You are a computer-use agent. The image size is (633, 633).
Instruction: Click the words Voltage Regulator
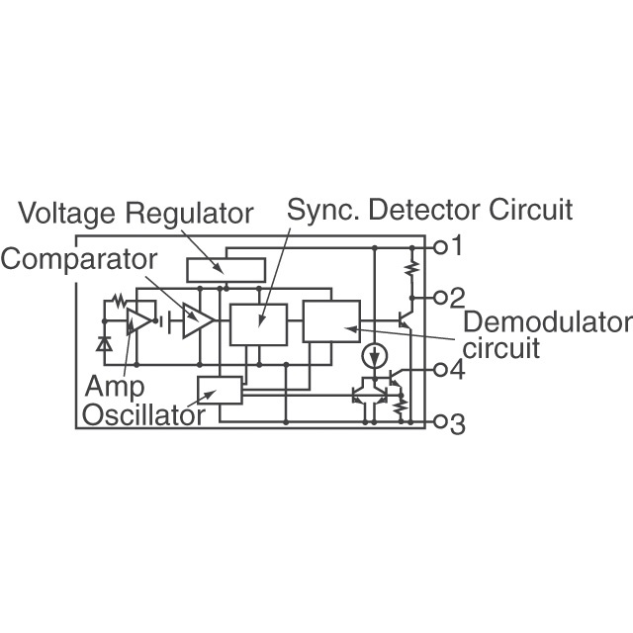(x=136, y=213)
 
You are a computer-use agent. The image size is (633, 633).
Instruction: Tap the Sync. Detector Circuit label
(x=429, y=210)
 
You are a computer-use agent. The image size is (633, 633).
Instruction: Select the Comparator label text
(x=78, y=259)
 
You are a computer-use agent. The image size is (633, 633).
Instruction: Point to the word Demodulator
(x=546, y=323)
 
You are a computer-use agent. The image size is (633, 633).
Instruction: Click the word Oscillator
(x=143, y=414)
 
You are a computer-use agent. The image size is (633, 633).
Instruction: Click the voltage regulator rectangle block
(x=226, y=269)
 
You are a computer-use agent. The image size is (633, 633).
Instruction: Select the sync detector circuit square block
(x=258, y=324)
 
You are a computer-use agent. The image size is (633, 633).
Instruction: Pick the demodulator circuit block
(x=331, y=320)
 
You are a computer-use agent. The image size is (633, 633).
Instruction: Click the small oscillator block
(x=220, y=391)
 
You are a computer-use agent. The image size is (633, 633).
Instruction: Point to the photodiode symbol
(x=104, y=344)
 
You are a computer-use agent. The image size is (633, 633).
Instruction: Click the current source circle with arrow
(x=374, y=354)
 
